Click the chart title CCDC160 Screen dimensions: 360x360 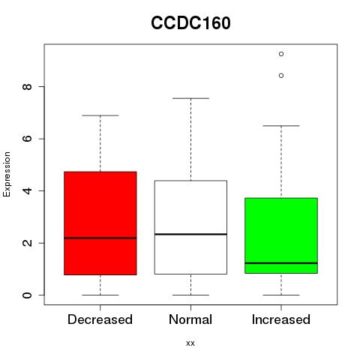point(190,23)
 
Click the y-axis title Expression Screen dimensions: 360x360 point(7,174)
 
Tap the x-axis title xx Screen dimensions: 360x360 point(190,343)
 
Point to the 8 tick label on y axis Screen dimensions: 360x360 point(27,87)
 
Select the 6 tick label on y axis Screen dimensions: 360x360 point(27,139)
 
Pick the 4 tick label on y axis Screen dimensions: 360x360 point(27,190)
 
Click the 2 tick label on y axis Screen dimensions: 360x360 point(27,243)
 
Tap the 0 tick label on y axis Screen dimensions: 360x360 point(27,295)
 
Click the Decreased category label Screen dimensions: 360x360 point(100,319)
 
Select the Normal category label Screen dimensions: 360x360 point(190,319)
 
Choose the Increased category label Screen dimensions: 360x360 point(281,319)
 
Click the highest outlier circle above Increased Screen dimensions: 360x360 point(281,54)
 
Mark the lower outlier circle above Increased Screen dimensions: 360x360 point(281,76)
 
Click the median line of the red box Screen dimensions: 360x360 point(100,238)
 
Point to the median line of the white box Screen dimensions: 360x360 point(190,234)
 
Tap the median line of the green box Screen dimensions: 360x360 point(281,263)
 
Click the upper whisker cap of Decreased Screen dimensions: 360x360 point(100,115)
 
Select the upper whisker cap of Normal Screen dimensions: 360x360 point(190,98)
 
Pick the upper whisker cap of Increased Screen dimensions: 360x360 point(281,126)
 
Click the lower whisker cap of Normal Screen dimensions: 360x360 point(190,295)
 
